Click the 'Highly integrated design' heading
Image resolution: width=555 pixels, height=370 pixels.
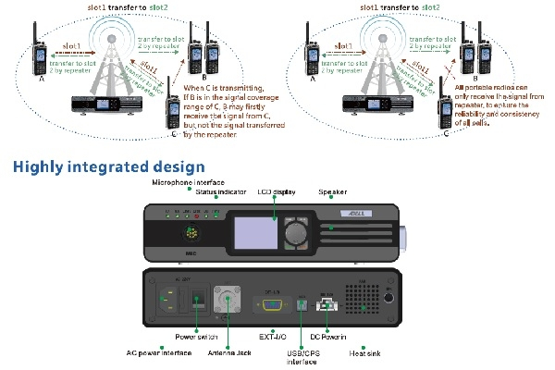click(x=108, y=167)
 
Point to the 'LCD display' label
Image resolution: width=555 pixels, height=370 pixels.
click(x=276, y=192)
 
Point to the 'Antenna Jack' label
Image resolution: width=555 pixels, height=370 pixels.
click(x=237, y=353)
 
